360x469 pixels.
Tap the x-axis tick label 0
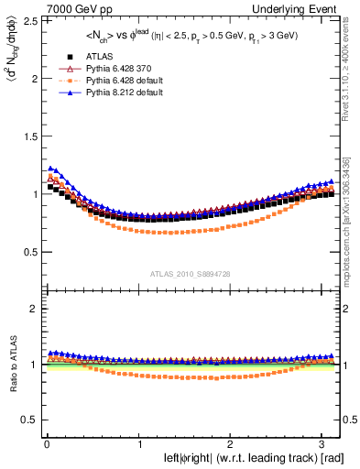(x=46, y=443)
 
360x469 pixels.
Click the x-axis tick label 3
(x=323, y=443)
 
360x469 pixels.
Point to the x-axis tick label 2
(x=231, y=443)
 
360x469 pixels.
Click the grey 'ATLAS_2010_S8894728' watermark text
(x=189, y=274)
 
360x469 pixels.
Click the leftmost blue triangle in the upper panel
(x=50, y=168)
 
